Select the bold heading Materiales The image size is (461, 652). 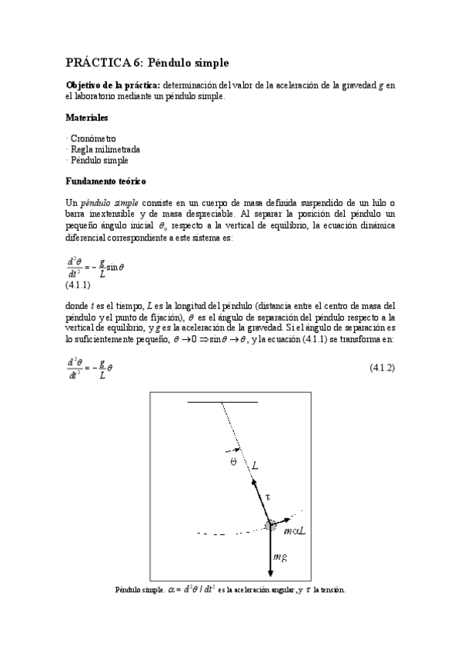pyautogui.click(x=86, y=118)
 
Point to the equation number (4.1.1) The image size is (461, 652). pyautogui.click(x=79, y=284)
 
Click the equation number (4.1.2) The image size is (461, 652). pyautogui.click(x=382, y=368)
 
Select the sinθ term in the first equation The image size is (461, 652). pyautogui.click(x=115, y=268)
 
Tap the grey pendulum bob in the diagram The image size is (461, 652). pyautogui.click(x=272, y=525)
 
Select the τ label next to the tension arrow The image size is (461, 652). pyautogui.click(x=267, y=497)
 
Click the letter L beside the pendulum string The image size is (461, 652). pyautogui.click(x=255, y=464)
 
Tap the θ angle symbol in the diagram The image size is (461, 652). pyautogui.click(x=233, y=463)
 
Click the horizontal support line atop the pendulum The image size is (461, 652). pyautogui.click(x=222, y=402)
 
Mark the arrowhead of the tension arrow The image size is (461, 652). pyautogui.click(x=254, y=481)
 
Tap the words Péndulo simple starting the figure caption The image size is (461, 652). pyautogui.click(x=139, y=590)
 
